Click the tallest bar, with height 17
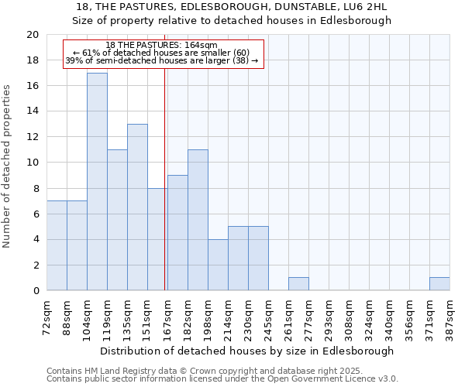[97, 182]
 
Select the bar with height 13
[137, 207]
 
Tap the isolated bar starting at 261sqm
[298, 284]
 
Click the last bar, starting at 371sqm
[439, 284]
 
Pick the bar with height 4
[218, 265]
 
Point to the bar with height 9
[177, 233]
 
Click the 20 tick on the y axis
[33, 35]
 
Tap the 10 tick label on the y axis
[33, 163]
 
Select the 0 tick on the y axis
[36, 291]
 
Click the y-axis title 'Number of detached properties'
[8, 166]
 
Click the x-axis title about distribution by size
[247, 351]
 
